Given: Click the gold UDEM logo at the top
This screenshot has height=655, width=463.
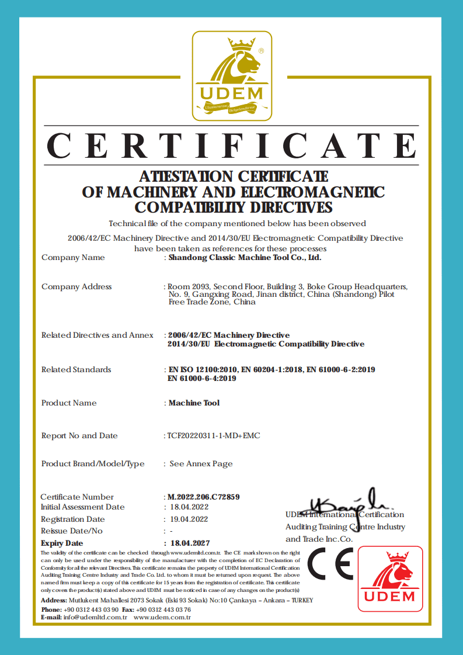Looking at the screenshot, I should (x=232, y=75).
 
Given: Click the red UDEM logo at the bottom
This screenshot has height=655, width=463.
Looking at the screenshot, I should (x=389, y=578).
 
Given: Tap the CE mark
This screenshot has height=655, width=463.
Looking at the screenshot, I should (x=329, y=564).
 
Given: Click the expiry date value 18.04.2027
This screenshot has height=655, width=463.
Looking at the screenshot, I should (x=189, y=543).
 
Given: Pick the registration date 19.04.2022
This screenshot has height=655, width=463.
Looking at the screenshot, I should (x=189, y=519).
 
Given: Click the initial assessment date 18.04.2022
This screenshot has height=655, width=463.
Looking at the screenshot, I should (x=189, y=507).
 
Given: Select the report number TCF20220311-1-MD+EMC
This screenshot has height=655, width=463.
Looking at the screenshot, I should (x=214, y=436).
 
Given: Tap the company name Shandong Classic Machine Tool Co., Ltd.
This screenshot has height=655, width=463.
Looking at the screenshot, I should (x=245, y=257).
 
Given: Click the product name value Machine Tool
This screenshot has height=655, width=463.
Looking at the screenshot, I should (x=194, y=403).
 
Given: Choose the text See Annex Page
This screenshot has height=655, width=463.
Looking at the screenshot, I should (x=201, y=464).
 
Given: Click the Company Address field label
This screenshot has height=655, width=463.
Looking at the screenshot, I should (x=76, y=286).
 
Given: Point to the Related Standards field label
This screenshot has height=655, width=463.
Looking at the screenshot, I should (x=76, y=369).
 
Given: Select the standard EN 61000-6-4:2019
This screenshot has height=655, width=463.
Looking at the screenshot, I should (x=202, y=379).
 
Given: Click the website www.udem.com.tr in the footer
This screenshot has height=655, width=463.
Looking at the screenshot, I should (x=162, y=617).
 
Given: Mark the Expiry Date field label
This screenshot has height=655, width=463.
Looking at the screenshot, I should (x=62, y=543).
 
